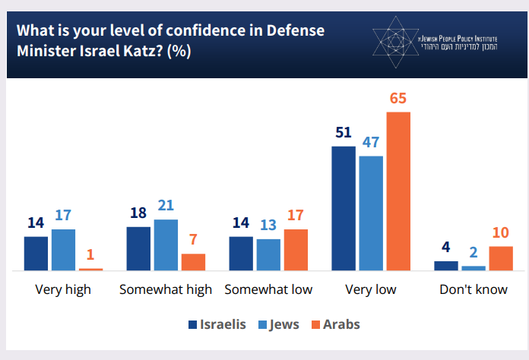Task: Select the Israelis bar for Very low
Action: tap(344, 208)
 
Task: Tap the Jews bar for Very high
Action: tap(63, 250)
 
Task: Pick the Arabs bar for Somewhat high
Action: tap(193, 262)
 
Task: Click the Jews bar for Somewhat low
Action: tap(268, 254)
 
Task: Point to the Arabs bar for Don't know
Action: tap(501, 258)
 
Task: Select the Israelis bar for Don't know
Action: tap(446, 266)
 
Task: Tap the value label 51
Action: tap(344, 134)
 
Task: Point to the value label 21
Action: tap(166, 207)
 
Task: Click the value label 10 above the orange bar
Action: tap(501, 233)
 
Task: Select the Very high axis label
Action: tap(63, 290)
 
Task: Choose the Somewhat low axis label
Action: tap(268, 290)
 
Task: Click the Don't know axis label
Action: tap(474, 290)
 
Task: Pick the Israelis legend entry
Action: tap(217, 324)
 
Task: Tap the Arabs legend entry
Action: tap(334, 324)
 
